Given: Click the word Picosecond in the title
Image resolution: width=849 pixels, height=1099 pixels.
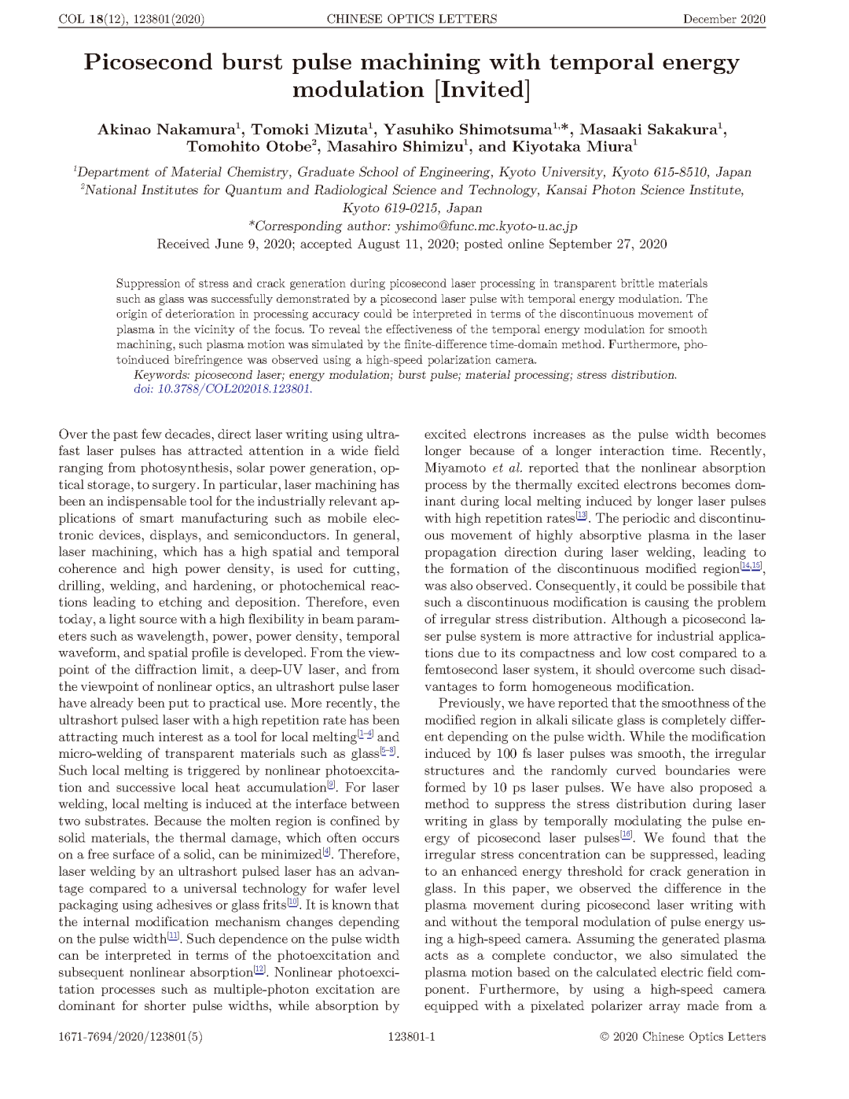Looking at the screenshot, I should coord(149,62).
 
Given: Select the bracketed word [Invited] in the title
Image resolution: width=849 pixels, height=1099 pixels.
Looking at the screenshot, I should coord(482,90).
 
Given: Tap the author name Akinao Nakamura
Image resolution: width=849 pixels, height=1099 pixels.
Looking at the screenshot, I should coord(166,130).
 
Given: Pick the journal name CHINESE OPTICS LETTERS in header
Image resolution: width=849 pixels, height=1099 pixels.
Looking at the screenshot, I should coord(411,19).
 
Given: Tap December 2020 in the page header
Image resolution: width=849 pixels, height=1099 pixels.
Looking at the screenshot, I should coord(724,19).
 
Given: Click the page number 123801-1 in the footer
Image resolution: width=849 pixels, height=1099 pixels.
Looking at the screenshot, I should coord(411,1037).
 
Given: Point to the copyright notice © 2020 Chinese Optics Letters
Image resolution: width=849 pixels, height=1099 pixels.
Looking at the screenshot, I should coord(682,1037).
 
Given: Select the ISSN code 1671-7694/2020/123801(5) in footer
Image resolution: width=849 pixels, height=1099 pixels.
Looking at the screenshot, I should coord(130,1037).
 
